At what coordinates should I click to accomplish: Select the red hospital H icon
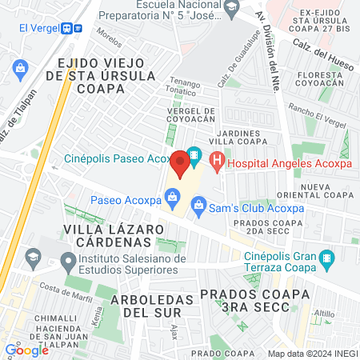click(215, 162)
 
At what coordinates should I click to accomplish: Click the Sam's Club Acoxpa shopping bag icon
click(198, 206)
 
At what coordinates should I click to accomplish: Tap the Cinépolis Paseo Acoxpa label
click(117, 158)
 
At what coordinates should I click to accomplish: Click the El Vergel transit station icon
click(77, 26)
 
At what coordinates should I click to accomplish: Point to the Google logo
click(27, 350)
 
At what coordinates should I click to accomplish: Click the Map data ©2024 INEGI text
click(312, 353)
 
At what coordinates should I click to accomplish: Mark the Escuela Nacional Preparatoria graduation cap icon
click(231, 7)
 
